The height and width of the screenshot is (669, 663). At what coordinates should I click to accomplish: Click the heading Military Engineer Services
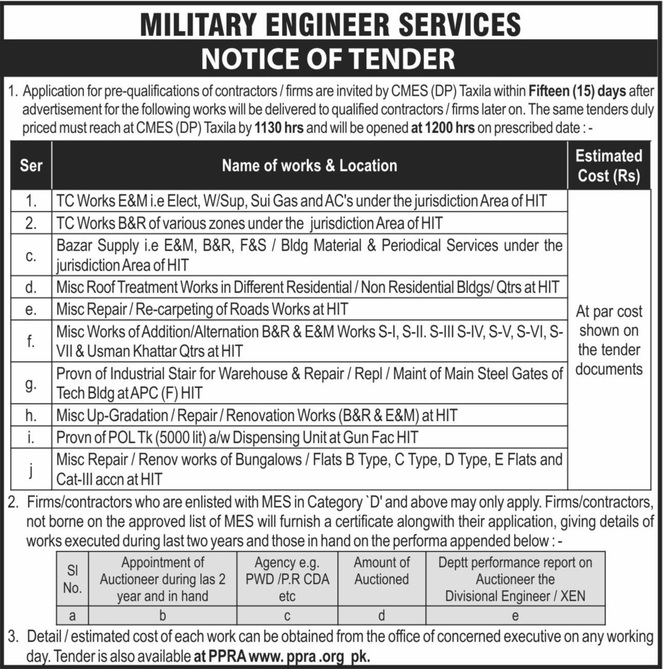[x=330, y=24]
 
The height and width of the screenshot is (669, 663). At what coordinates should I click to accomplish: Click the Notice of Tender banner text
[x=328, y=59]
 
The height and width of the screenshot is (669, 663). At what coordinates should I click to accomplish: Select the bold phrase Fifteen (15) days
[x=577, y=92]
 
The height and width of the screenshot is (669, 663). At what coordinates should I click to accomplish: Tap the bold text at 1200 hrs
[x=443, y=128]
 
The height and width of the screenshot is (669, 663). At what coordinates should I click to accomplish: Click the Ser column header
[x=31, y=166]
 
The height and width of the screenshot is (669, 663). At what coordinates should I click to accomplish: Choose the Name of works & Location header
[x=309, y=166]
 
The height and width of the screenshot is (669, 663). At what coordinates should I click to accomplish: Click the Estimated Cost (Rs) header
[x=609, y=166]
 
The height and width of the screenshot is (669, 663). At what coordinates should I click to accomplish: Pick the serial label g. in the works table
[x=31, y=384]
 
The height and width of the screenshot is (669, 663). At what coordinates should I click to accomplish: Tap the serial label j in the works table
[x=31, y=469]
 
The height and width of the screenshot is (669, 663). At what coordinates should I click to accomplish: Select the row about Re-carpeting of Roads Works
[x=202, y=310]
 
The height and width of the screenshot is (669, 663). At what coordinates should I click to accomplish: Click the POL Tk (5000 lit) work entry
[x=237, y=438]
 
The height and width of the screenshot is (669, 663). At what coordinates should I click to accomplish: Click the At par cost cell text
[x=609, y=340]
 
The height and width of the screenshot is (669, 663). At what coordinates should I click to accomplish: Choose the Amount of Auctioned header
[x=381, y=571]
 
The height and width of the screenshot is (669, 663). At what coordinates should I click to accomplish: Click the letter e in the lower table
[x=515, y=616]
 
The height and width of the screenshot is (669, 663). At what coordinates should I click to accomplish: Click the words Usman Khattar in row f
[x=132, y=352]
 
